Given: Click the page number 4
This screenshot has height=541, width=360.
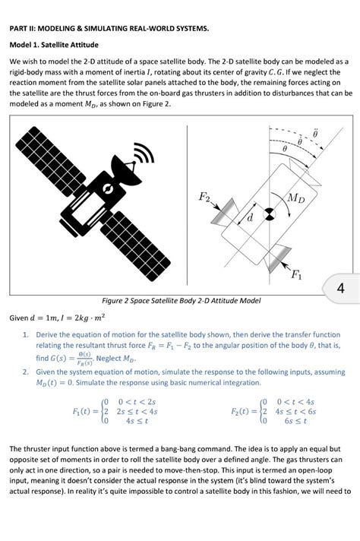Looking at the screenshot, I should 340,289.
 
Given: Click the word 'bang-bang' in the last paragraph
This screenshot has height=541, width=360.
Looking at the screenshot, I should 162,449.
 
